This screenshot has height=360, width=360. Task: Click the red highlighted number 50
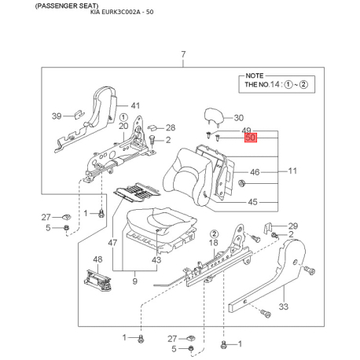pos(251,138)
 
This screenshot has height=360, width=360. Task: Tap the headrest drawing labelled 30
pos(214,116)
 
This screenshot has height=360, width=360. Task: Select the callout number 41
pos(135,105)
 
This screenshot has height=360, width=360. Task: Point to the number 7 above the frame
pos(183,54)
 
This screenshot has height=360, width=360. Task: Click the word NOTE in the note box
pos(254,75)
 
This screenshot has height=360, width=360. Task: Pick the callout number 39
pos(57,116)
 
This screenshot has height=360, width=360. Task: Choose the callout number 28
pos(171,127)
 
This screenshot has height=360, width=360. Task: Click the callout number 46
pos(255,172)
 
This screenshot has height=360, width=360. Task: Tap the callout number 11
pos(292,171)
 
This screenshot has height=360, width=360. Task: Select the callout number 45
pos(252,202)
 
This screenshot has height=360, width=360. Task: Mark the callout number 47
pos(112,243)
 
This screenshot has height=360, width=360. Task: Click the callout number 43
pos(156,260)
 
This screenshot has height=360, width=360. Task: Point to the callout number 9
pos(134,281)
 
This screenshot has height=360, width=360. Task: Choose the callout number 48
pos(97,259)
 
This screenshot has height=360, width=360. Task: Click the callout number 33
pos(283,307)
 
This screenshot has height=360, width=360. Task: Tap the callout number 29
pos(293,226)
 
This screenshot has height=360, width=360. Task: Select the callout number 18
pos(214,243)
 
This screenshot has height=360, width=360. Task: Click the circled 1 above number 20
pos(123,117)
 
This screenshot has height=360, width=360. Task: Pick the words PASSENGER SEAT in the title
pos(67,6)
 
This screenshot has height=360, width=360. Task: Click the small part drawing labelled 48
pos(97,280)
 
